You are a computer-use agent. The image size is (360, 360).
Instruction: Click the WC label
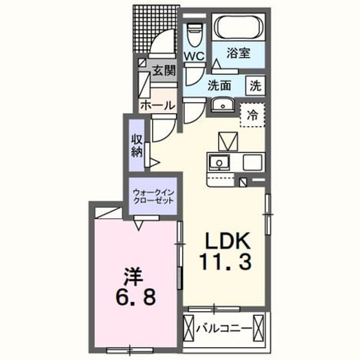tap(194, 56)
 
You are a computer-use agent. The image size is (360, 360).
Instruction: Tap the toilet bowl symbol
tap(194, 35)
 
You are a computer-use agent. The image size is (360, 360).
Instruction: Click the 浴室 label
tap(238, 53)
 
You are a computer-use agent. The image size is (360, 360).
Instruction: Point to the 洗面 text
tap(219, 85)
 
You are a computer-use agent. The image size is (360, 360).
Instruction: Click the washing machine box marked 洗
tap(255, 85)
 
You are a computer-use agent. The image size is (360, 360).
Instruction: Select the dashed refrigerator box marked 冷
tap(253, 115)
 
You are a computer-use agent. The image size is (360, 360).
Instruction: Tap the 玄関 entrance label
tap(164, 70)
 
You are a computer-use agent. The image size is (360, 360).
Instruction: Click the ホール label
tap(158, 106)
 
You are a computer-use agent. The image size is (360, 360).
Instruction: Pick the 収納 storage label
tap(137, 146)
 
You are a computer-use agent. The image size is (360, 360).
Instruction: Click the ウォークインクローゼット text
tap(154, 196)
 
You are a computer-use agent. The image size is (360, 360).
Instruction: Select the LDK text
tap(227, 241)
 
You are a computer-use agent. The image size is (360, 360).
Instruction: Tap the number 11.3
tap(226, 262)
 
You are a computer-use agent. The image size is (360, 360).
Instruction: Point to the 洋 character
tap(134, 277)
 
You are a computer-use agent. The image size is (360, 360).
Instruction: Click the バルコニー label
tap(224, 328)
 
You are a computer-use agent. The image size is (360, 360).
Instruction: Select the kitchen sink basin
tap(219, 163)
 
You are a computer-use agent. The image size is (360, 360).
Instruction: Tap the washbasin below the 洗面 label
tap(222, 105)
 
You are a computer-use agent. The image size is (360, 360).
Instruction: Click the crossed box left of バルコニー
tap(189, 328)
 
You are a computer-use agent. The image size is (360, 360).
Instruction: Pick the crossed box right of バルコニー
tap(259, 328)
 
